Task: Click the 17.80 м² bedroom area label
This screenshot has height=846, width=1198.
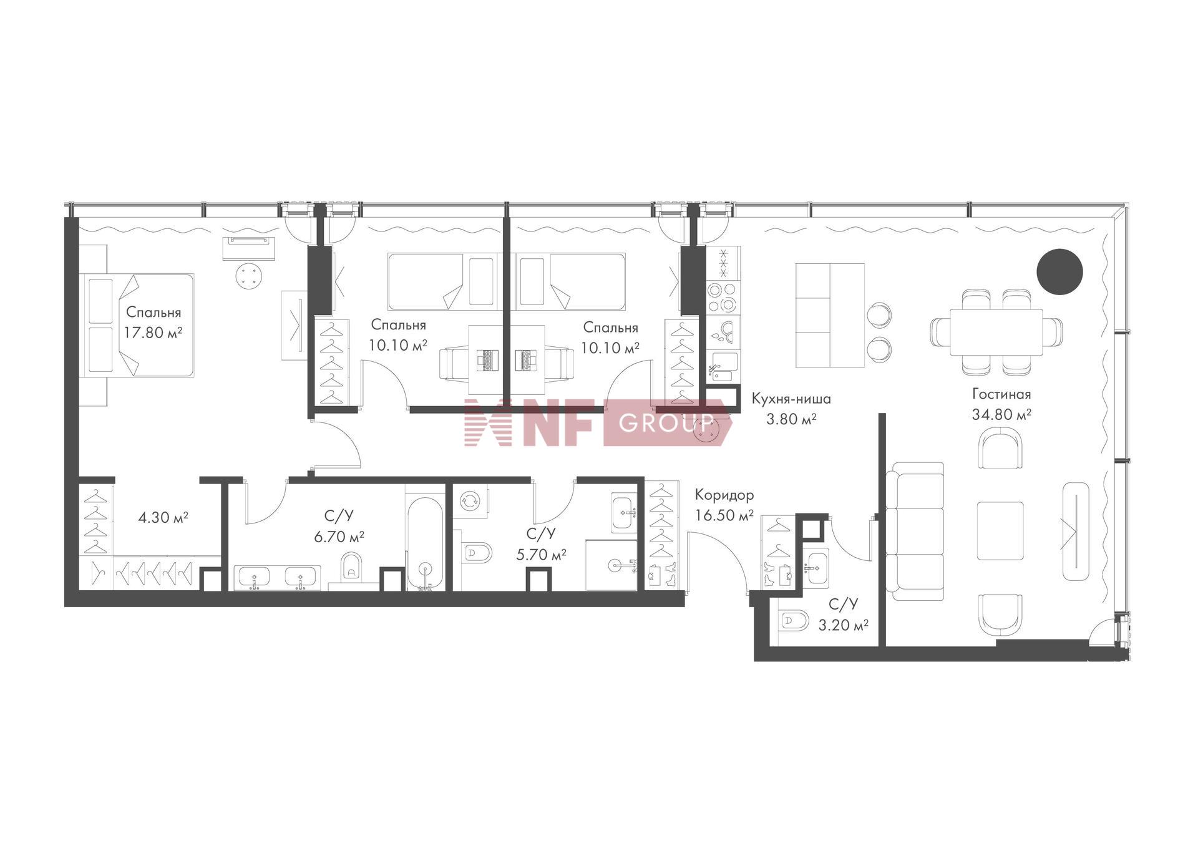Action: click(153, 333)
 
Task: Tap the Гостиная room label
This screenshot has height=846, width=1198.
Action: click(1001, 394)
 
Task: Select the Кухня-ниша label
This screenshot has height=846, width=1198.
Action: click(791, 399)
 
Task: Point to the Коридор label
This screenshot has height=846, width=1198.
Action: click(724, 495)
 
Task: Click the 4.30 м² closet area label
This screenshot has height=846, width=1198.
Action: click(163, 517)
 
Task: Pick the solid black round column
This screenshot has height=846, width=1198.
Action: click(1059, 271)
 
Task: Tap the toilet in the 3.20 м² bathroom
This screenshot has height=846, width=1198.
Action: click(794, 621)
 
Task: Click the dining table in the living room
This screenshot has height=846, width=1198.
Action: click(996, 332)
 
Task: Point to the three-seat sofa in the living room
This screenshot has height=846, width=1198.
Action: click(918, 532)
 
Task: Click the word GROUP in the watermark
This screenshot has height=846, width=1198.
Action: click(665, 423)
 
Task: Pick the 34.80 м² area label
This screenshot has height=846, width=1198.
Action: click(1001, 414)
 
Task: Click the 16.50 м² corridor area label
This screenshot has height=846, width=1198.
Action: click(724, 515)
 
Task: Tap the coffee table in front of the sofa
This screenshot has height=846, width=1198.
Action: click(1000, 531)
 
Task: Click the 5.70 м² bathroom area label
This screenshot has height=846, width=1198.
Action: click(541, 554)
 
